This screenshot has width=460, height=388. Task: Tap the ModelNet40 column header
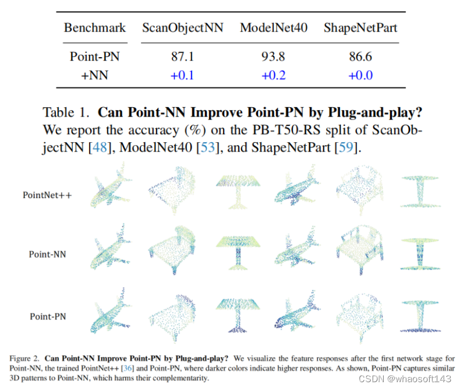tap(274, 28)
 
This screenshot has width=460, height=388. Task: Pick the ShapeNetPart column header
tap(361, 28)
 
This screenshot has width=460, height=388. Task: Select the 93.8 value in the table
tap(273, 57)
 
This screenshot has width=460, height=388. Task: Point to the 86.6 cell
tap(360, 57)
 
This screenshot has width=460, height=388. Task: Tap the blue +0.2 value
tap(273, 75)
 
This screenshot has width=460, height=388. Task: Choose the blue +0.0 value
tap(360, 75)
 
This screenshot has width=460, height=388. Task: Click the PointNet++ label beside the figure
tap(47, 195)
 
